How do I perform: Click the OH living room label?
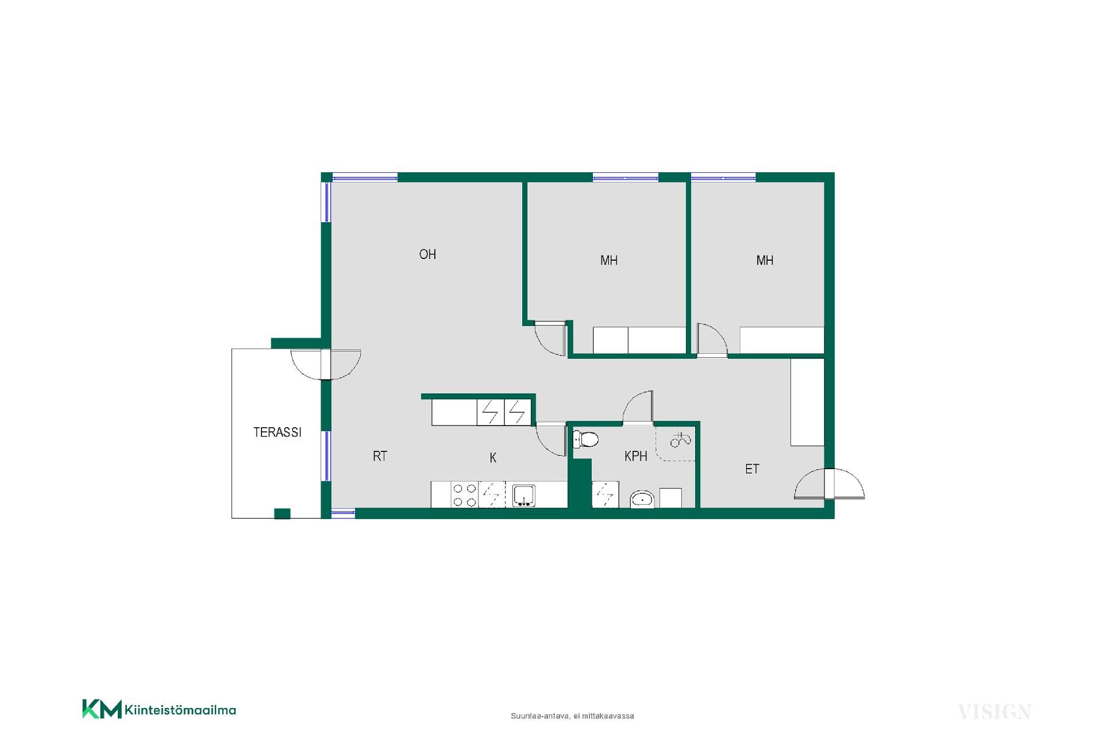click(x=427, y=254)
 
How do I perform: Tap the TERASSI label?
click(x=277, y=432)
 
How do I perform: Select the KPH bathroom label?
click(x=636, y=456)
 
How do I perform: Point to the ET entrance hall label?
click(x=752, y=469)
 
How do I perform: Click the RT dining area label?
click(x=380, y=457)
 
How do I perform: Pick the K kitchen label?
click(x=493, y=458)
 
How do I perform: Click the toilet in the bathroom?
click(x=586, y=440)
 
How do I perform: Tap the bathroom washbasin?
click(x=642, y=499)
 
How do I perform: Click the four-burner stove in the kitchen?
click(x=464, y=495)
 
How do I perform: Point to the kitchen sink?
click(x=524, y=496)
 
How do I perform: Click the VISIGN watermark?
click(x=994, y=713)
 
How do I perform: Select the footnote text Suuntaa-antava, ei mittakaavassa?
click(x=572, y=716)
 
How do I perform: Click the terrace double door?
click(x=326, y=365)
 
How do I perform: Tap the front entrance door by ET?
click(x=829, y=483)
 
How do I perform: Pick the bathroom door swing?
click(x=638, y=408)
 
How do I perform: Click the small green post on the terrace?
click(x=282, y=514)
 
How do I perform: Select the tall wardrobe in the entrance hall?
click(x=808, y=402)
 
